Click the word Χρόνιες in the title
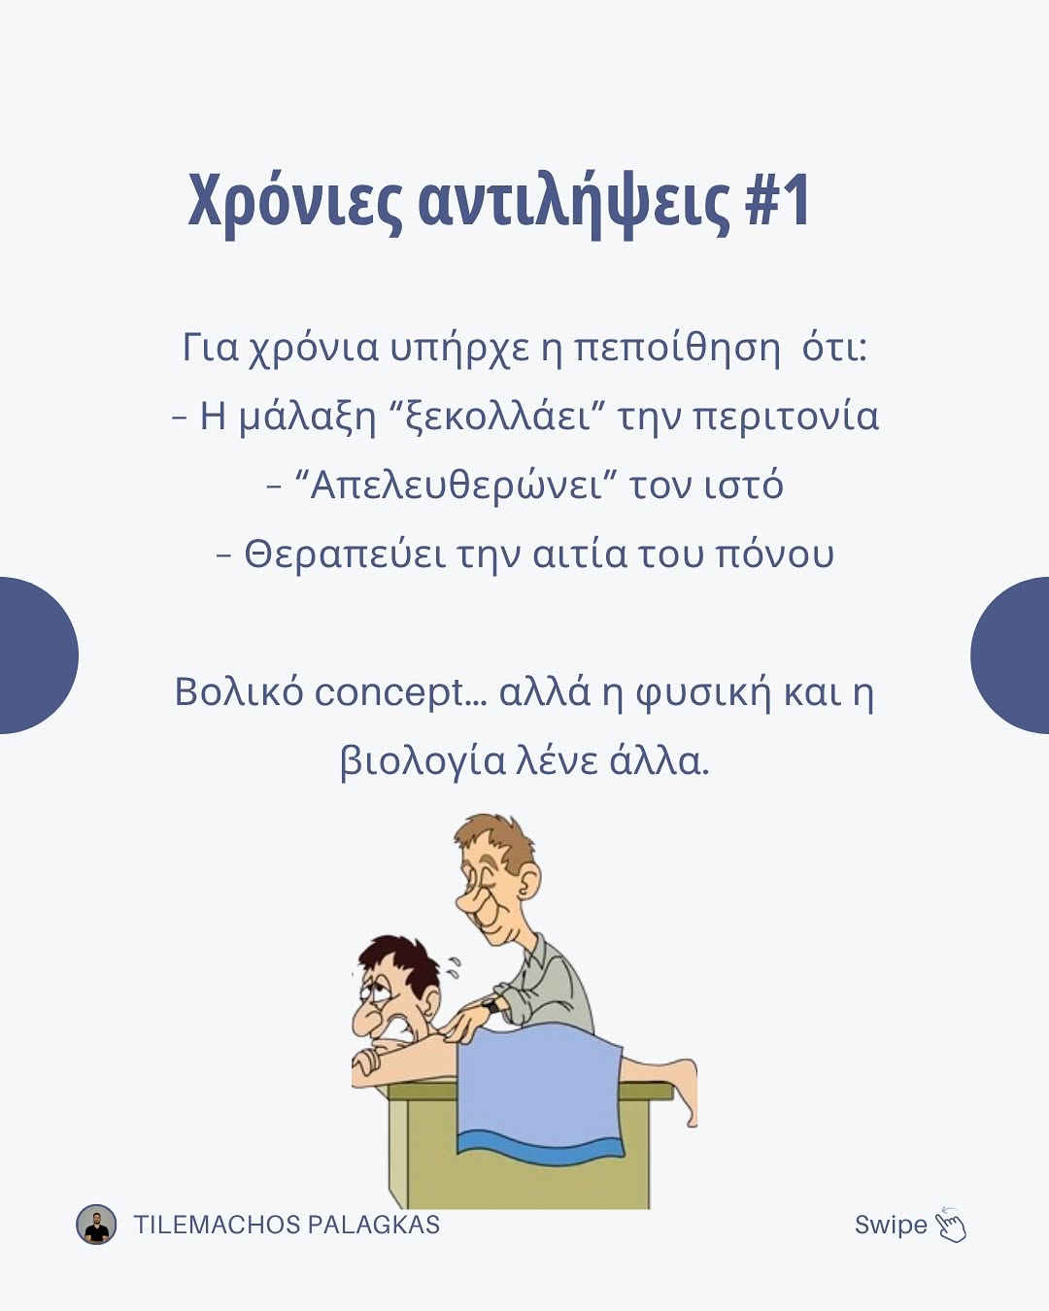point(294,203)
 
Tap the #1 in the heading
point(777,200)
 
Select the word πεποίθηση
point(677,348)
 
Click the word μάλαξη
point(307,418)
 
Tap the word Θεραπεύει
point(345,555)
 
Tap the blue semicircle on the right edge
point(1010,655)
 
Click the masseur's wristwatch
point(491,1004)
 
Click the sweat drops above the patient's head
point(453,967)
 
